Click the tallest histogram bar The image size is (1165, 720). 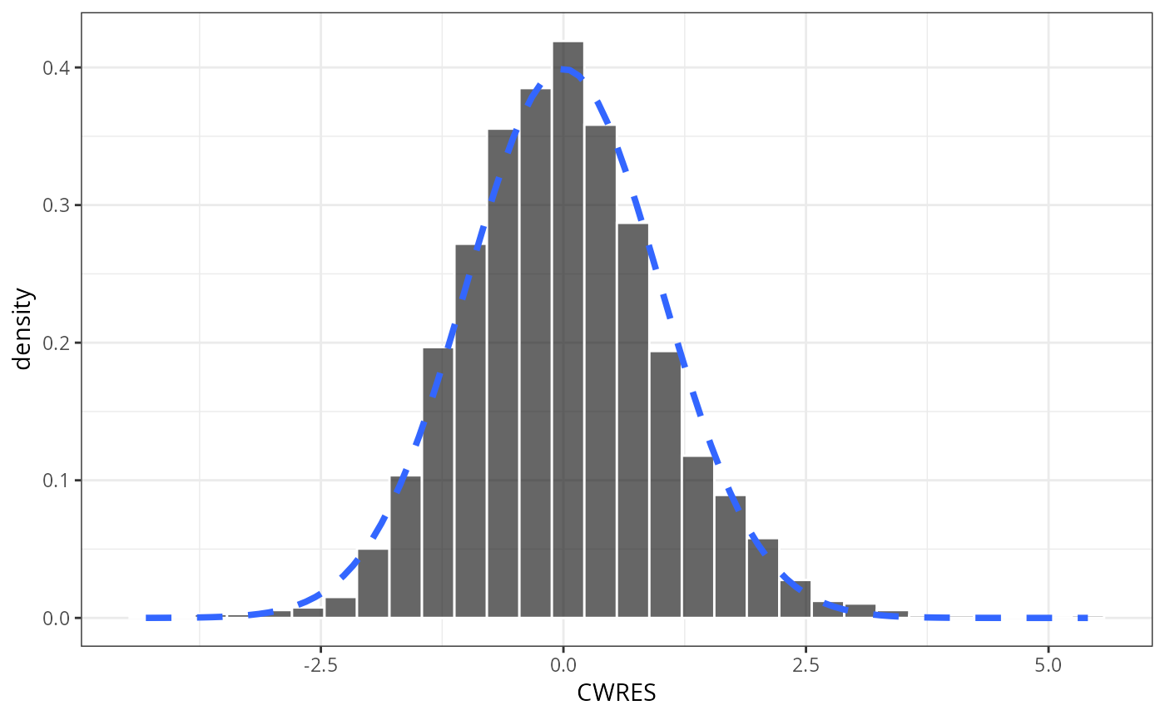pyautogui.click(x=568, y=333)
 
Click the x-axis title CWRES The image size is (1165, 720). pyautogui.click(x=617, y=693)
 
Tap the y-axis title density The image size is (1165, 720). pyautogui.click(x=23, y=329)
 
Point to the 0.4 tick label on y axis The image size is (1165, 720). pyautogui.click(x=57, y=68)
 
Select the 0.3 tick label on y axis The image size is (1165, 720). pyautogui.click(x=57, y=205)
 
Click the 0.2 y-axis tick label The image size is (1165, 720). pyautogui.click(x=57, y=343)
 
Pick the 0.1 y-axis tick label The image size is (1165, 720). pyautogui.click(x=57, y=481)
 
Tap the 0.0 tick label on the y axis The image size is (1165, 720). pyautogui.click(x=57, y=619)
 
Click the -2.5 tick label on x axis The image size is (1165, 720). pyautogui.click(x=320, y=665)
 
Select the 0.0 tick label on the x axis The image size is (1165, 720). pyautogui.click(x=563, y=665)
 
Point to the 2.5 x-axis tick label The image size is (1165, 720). pyautogui.click(x=806, y=665)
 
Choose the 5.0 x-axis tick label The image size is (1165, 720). pyautogui.click(x=1048, y=665)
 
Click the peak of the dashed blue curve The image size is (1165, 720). pyautogui.click(x=563, y=69)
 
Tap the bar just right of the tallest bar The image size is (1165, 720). pyautogui.click(x=600, y=374)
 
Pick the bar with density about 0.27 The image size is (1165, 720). pyautogui.click(x=470, y=432)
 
